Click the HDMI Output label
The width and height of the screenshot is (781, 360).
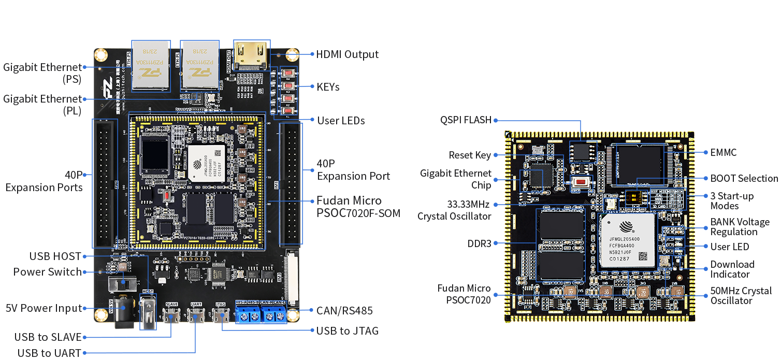pyautogui.click(x=347, y=54)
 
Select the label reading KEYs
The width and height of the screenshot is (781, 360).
pyautogui.click(x=328, y=87)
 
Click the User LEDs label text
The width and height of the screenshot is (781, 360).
pyautogui.click(x=341, y=121)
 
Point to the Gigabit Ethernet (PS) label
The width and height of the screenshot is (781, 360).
pyautogui.click(x=42, y=73)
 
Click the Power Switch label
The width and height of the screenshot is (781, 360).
pyautogui.click(x=48, y=272)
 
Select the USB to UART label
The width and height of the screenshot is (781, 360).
pyautogui.click(x=49, y=353)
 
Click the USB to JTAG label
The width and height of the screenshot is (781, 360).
pyautogui.click(x=347, y=330)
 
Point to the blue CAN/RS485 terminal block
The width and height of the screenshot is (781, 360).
pyautogui.click(x=261, y=313)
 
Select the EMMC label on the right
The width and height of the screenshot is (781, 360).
pyautogui.click(x=724, y=152)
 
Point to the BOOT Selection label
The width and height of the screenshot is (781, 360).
pyautogui.click(x=744, y=178)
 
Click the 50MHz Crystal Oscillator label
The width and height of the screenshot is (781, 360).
pyautogui.click(x=741, y=296)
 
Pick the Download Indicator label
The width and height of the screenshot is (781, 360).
pyautogui.click(x=732, y=269)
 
